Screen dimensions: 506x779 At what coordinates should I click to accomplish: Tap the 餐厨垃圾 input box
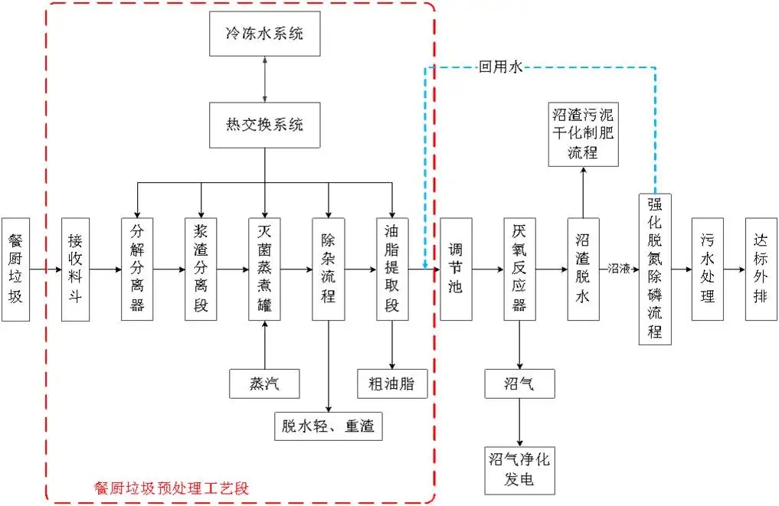pos(15,269)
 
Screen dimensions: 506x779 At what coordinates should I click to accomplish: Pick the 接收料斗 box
pos(75,269)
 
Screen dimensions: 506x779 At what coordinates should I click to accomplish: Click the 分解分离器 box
pos(137,269)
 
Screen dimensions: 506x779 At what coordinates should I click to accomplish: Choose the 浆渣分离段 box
pos(201,269)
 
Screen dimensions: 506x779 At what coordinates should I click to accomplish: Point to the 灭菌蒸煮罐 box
pos(264,269)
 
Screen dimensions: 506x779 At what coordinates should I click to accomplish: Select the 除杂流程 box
pos(328,269)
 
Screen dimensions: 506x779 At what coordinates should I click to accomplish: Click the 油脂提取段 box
pos(391,269)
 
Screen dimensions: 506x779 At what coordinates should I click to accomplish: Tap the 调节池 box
pos(455,269)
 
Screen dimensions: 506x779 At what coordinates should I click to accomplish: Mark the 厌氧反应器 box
pos(519,269)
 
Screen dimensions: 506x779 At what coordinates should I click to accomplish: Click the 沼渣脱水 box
pos(582,269)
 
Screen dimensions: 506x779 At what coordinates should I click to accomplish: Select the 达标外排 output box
pos(761,269)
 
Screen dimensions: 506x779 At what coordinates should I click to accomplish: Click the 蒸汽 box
pos(264,384)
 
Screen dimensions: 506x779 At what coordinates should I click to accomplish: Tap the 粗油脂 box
pos(391,384)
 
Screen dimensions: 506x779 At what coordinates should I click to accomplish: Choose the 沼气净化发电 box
pos(519,470)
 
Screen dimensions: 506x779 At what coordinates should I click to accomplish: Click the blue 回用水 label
pos(500,67)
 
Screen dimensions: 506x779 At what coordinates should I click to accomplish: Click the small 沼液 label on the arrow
pos(618,269)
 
